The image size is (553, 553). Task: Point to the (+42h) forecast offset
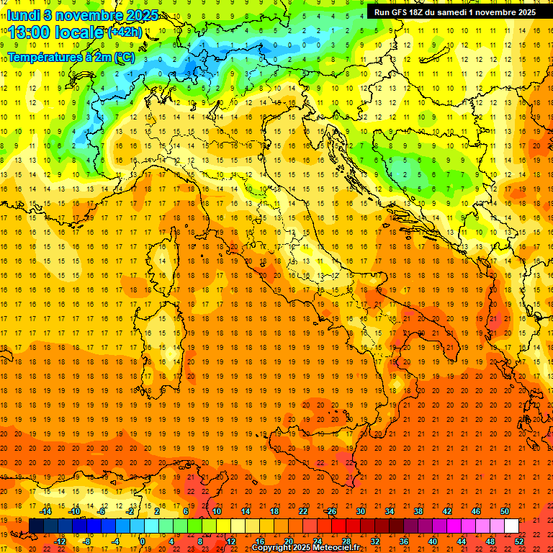(125, 32)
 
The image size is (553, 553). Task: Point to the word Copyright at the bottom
(272, 548)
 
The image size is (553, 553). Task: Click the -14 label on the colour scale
(45, 511)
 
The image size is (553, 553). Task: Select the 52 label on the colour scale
(519, 541)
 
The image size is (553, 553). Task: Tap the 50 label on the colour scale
(505, 511)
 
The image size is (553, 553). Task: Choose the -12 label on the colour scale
(60, 541)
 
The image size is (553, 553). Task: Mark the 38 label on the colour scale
(418, 511)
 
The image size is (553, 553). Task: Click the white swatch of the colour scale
(511, 526)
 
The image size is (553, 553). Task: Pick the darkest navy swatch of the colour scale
(36, 526)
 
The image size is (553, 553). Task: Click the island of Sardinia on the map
(167, 335)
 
